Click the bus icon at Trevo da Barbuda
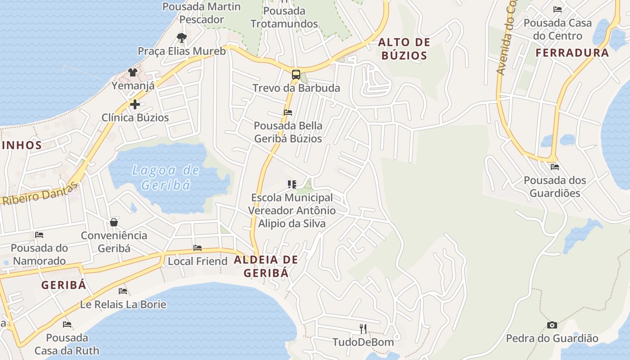(296, 75)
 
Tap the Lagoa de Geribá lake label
(166, 177)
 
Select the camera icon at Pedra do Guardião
(552, 325)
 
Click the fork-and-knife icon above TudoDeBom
(363, 329)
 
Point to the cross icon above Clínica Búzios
(135, 104)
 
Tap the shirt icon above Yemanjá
(132, 72)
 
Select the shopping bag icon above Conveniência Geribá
(114, 222)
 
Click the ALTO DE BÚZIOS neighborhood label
(403, 49)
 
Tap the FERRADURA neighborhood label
(572, 53)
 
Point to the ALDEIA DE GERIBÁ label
(266, 266)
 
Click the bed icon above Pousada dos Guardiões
(554, 167)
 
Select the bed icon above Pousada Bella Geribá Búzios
(288, 112)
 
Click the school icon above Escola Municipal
(292, 184)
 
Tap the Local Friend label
(198, 261)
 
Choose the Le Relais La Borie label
(123, 304)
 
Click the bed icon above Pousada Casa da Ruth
(67, 324)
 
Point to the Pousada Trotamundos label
(284, 17)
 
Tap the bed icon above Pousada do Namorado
(39, 235)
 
